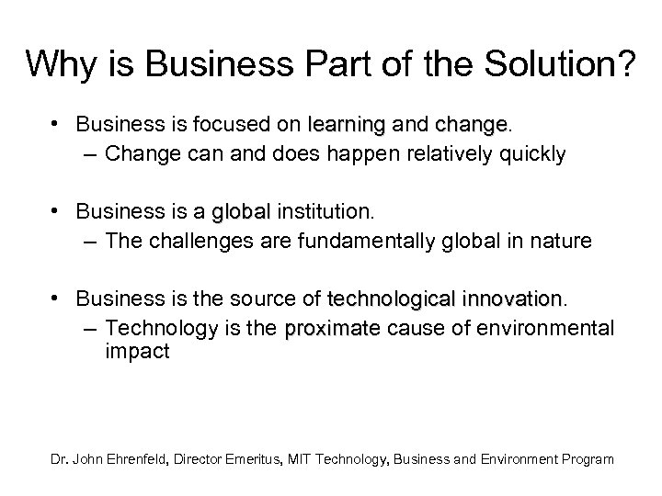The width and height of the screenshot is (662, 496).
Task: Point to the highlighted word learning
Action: click(348, 123)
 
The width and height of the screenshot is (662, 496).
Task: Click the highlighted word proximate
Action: click(333, 329)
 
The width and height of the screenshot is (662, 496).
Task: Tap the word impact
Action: click(137, 352)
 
